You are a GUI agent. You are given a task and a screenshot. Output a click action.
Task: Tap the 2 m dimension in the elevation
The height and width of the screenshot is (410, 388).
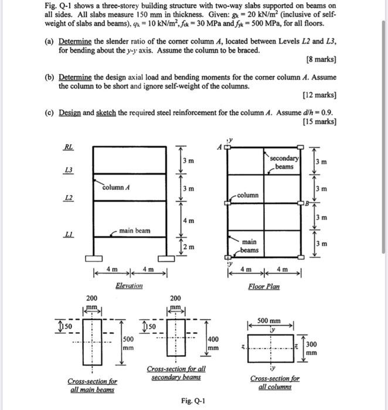point(186,248)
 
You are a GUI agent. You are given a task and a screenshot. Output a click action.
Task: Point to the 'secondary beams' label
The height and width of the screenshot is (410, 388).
point(284,163)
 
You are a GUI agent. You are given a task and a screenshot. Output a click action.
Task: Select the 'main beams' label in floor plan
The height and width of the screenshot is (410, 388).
point(250,245)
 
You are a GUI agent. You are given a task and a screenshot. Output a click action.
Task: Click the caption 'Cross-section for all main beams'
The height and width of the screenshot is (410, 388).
point(93,385)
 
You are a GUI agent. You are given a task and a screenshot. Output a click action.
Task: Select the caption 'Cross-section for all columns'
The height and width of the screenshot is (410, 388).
point(274,382)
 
